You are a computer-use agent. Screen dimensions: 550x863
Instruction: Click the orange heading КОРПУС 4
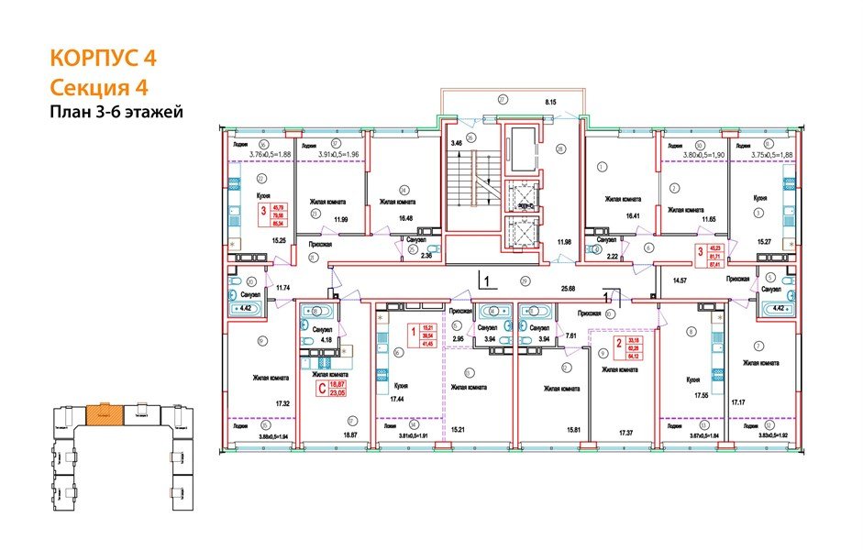pyautogui.click(x=103, y=58)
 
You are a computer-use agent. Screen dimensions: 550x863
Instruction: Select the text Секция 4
pyautogui.click(x=96, y=87)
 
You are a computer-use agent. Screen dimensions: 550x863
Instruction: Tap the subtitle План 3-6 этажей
pyautogui.click(x=116, y=113)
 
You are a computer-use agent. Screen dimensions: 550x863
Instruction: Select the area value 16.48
pyautogui.click(x=393, y=218)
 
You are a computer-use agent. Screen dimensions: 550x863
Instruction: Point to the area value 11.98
pyautogui.click(x=565, y=242)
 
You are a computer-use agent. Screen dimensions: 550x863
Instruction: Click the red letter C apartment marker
pyautogui.click(x=322, y=389)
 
